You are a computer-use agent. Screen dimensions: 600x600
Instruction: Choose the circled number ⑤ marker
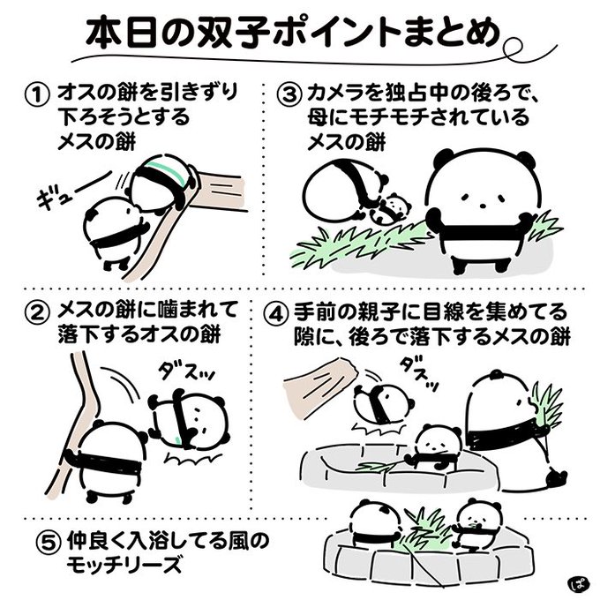coord(49,544)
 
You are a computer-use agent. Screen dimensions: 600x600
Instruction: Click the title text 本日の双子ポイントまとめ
coord(293,34)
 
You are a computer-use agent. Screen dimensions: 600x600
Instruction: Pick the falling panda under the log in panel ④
coord(383,406)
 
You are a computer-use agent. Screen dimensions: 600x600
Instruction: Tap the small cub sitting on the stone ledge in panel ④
coord(434,447)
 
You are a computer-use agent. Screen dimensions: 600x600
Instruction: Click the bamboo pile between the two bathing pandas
coord(423,530)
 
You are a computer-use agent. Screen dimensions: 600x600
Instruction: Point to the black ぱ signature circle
coord(579,581)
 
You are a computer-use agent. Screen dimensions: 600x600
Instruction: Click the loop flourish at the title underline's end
coord(512,46)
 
